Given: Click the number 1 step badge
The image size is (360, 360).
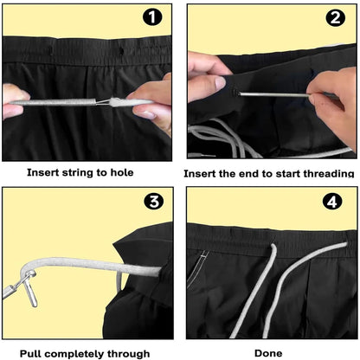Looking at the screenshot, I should click(x=152, y=17).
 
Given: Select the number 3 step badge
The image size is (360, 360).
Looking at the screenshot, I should click(x=152, y=202).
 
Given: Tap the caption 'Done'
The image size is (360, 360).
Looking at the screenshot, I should click(x=268, y=353).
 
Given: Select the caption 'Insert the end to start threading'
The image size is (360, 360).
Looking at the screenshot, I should click(x=269, y=172).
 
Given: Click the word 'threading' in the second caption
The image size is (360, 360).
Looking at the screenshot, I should click(x=326, y=172).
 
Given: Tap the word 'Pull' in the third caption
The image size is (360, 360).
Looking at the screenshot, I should click(x=33, y=353).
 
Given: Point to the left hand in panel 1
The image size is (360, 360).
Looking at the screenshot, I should click(x=15, y=102).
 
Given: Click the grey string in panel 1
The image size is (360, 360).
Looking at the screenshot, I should click(x=69, y=102).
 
